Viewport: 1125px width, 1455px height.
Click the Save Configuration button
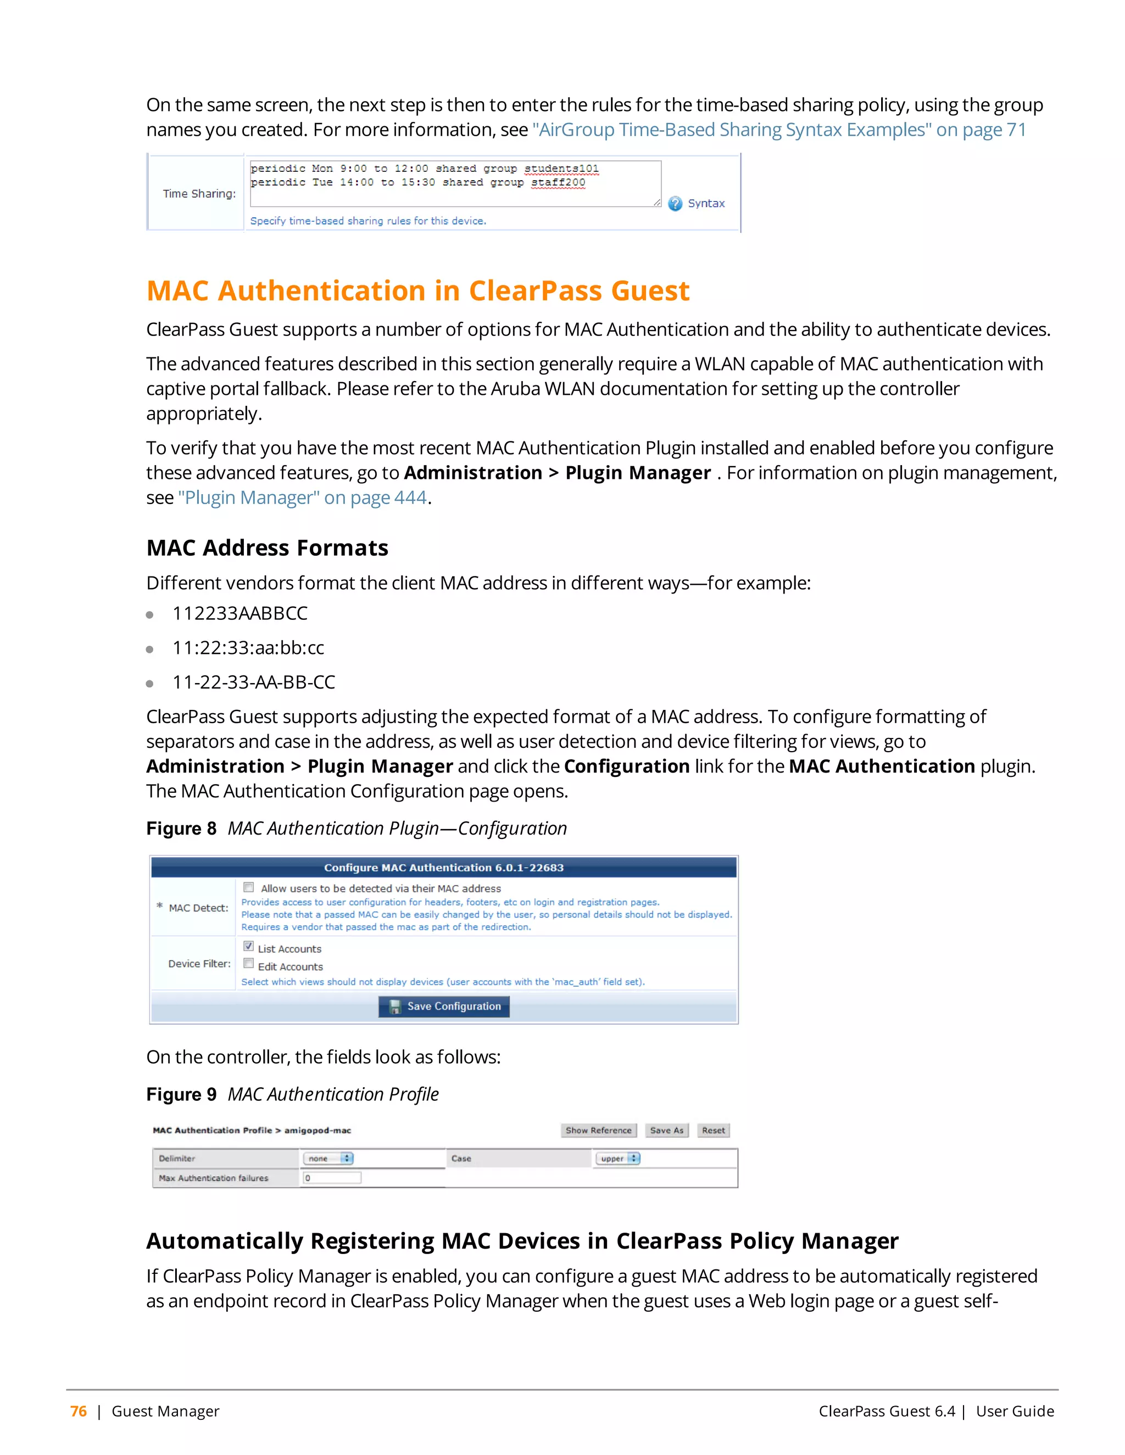[x=444, y=1006]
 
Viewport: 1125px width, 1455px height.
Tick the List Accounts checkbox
[x=249, y=946]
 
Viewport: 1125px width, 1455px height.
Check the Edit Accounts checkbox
[x=249, y=964]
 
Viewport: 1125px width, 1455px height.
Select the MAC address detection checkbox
[x=249, y=887]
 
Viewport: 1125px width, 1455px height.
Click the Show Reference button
[x=599, y=1131]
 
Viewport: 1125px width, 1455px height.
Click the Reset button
[x=713, y=1131]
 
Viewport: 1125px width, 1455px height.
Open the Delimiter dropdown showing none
[x=328, y=1159]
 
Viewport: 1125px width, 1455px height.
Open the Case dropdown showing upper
[x=618, y=1159]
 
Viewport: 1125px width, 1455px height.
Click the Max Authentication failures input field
[x=332, y=1178]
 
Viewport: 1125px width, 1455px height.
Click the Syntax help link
[x=705, y=203]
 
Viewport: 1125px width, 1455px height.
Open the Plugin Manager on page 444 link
[x=302, y=497]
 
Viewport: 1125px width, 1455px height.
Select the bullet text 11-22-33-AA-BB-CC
[x=253, y=682]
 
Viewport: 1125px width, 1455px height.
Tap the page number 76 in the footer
[x=79, y=1411]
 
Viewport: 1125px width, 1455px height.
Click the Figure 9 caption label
[x=181, y=1095]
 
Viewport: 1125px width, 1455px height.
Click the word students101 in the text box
[x=561, y=169]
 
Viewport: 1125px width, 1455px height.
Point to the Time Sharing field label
[x=199, y=194]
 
